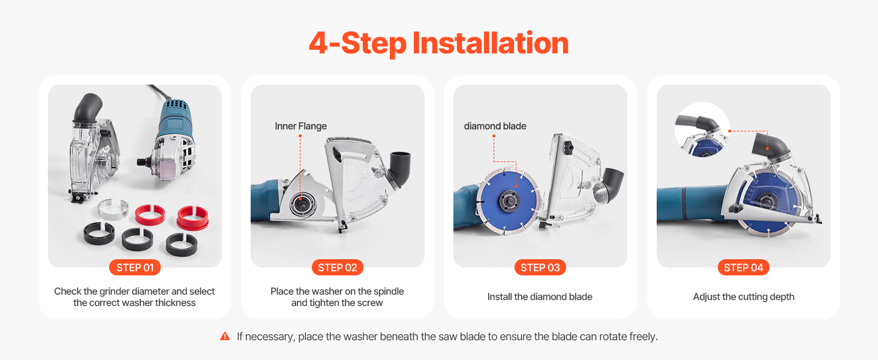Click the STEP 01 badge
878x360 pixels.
[x=135, y=268]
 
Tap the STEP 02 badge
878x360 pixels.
[x=338, y=268]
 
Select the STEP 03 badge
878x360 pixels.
[x=540, y=268]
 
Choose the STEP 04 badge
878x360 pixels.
[x=744, y=268]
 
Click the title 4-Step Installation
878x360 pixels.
[x=438, y=43]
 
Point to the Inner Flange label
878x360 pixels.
[x=300, y=126]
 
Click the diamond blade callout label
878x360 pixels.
[x=495, y=126]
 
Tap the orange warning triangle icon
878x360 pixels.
[x=225, y=336]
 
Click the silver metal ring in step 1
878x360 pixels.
[x=113, y=209]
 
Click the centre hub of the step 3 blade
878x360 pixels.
[x=508, y=201]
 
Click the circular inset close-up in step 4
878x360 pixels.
[x=702, y=130]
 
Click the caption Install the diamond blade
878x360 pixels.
[x=540, y=297]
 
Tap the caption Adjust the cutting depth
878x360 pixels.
[x=744, y=297]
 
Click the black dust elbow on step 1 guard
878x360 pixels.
[x=88, y=107]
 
